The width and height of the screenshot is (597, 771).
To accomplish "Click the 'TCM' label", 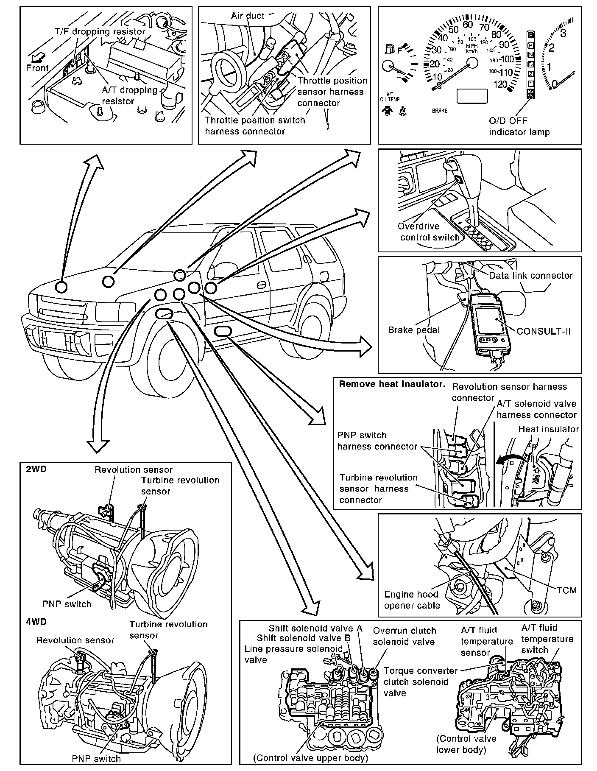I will [567, 590].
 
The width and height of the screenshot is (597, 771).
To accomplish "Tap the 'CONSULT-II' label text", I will [544, 331].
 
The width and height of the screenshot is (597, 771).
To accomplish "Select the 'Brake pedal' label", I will [413, 330].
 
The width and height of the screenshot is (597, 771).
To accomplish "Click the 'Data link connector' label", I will [530, 275].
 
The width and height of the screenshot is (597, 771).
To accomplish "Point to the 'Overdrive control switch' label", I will [429, 232].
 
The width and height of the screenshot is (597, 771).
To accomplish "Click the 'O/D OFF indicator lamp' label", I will [519, 126].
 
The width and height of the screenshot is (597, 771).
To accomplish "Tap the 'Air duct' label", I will [248, 16].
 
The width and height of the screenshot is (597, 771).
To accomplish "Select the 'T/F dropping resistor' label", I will [100, 31].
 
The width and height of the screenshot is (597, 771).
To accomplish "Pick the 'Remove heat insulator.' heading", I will [392, 384].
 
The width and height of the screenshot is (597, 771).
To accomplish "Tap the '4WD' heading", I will [36, 622].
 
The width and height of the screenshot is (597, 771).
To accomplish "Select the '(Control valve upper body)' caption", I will [310, 757].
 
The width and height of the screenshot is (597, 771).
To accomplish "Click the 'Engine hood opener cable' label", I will [411, 600].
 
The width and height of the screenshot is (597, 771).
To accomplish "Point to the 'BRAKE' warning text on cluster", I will [440, 111].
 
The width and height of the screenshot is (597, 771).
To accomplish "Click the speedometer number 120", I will [500, 84].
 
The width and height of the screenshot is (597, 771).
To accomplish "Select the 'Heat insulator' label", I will [548, 429].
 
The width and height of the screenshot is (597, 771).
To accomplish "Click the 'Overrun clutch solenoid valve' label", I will [404, 636].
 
